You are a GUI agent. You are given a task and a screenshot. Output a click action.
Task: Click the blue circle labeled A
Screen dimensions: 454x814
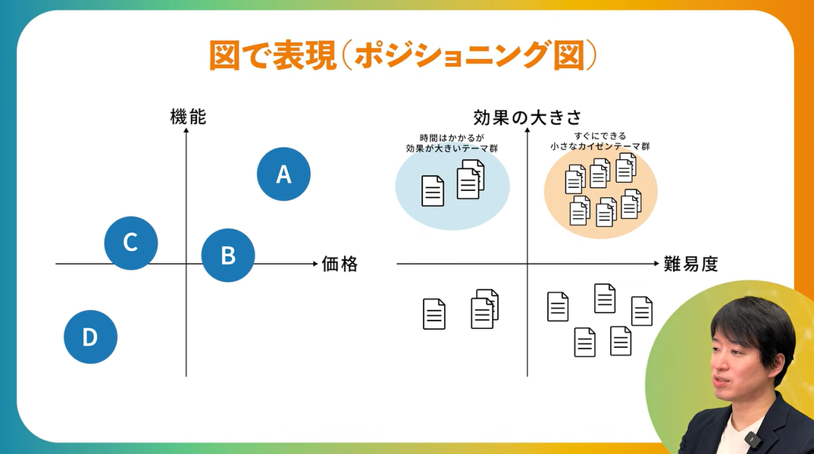point(283,174)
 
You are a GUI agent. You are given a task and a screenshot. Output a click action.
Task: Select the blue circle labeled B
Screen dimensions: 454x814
point(228,255)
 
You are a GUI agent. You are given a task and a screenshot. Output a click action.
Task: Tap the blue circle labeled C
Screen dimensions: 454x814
point(130,243)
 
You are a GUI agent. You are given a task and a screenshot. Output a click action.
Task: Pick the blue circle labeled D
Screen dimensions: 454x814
point(90,337)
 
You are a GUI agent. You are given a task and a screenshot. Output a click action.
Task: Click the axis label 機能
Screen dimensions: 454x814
point(188,117)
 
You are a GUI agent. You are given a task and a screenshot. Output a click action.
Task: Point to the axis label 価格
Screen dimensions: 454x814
point(340,265)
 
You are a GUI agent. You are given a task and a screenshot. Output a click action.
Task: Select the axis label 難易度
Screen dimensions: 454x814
point(690,265)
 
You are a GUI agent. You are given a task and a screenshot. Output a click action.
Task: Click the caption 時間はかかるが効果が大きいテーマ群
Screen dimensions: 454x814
point(452,143)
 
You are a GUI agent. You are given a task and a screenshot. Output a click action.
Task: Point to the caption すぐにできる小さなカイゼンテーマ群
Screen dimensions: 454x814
point(600,141)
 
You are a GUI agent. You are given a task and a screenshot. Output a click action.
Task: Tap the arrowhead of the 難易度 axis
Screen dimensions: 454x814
point(657,264)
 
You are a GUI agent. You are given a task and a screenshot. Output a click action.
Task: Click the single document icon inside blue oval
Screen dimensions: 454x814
point(432,191)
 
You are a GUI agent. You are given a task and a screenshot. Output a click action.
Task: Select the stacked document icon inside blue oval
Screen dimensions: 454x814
point(470,180)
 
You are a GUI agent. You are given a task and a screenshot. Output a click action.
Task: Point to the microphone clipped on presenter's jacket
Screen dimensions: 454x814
point(751,439)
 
